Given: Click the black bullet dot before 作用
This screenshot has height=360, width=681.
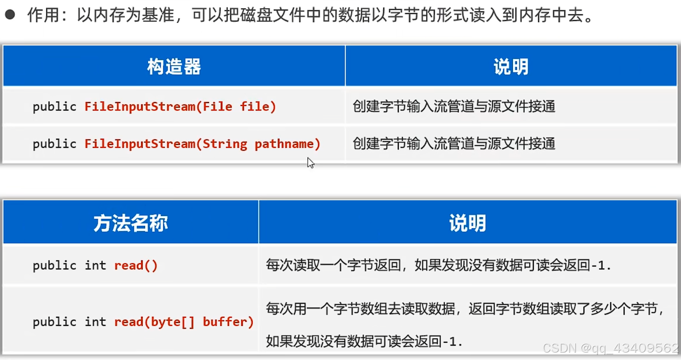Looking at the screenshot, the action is [x=10, y=15].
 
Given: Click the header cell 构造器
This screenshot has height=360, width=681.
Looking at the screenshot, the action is [x=174, y=67].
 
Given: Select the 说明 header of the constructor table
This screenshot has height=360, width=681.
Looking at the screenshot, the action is [x=511, y=67].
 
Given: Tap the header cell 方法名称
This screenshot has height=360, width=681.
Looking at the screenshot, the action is [x=131, y=223].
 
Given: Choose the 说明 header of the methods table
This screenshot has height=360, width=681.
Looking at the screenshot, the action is [x=468, y=223].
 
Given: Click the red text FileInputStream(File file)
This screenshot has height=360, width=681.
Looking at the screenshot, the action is [x=180, y=106].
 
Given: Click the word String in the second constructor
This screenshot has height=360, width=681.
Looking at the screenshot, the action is [x=225, y=144].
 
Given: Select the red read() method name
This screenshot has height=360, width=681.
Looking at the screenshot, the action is [x=136, y=265].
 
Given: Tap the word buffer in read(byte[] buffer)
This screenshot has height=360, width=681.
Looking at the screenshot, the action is [x=228, y=322].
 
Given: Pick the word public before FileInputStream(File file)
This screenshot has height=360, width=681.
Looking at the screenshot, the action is [x=55, y=106].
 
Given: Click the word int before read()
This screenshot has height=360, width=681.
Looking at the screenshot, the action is [x=95, y=265].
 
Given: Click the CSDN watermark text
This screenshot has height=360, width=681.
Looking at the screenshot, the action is [x=610, y=348].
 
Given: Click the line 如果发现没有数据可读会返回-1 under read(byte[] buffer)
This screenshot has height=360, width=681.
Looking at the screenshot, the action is [x=364, y=341].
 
